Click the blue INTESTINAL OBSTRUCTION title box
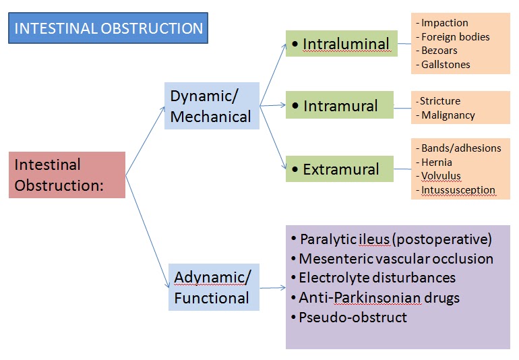pyautogui.click(x=109, y=28)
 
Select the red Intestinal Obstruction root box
pyautogui.click(x=67, y=175)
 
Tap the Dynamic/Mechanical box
pyautogui.click(x=212, y=106)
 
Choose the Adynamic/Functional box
pyautogui.click(x=214, y=287)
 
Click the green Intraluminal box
pyautogui.click(x=339, y=44)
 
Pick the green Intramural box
pyautogui.click(x=339, y=106)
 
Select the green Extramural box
pyautogui.click(x=339, y=169)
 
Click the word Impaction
pyautogui.click(x=444, y=23)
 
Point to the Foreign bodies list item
pyautogui.click(x=455, y=37)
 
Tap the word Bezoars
pyautogui.click(x=441, y=51)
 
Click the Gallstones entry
pyautogui.click(x=446, y=65)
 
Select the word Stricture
pyautogui.click(x=439, y=101)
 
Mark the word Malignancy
pyautogui.click(x=448, y=115)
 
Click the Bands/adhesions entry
pyautogui.click(x=461, y=148)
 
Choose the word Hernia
pyautogui.click(x=436, y=162)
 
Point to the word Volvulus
pyautogui.click(x=441, y=176)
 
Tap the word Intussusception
pyautogui.click(x=458, y=190)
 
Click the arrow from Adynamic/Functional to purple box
pyautogui.click(x=272, y=288)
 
